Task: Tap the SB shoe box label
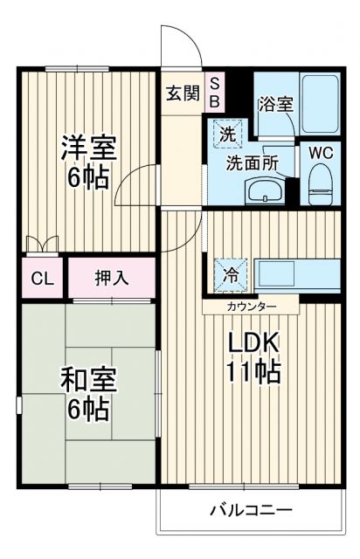[x=215, y=92]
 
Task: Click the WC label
[x=321, y=151]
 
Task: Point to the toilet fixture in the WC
[x=321, y=182]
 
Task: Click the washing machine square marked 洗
[x=226, y=135]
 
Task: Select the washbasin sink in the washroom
[x=261, y=190]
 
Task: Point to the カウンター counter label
[x=252, y=306]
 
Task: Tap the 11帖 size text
[x=253, y=372]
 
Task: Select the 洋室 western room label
[x=87, y=146]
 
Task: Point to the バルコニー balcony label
[x=250, y=510]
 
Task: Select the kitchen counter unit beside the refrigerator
[x=295, y=273]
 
